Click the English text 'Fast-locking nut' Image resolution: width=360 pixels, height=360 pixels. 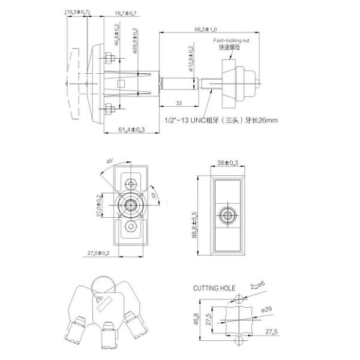(232, 40)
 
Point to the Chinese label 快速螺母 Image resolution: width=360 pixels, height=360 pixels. (232, 47)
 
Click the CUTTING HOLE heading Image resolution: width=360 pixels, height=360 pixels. (214, 288)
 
